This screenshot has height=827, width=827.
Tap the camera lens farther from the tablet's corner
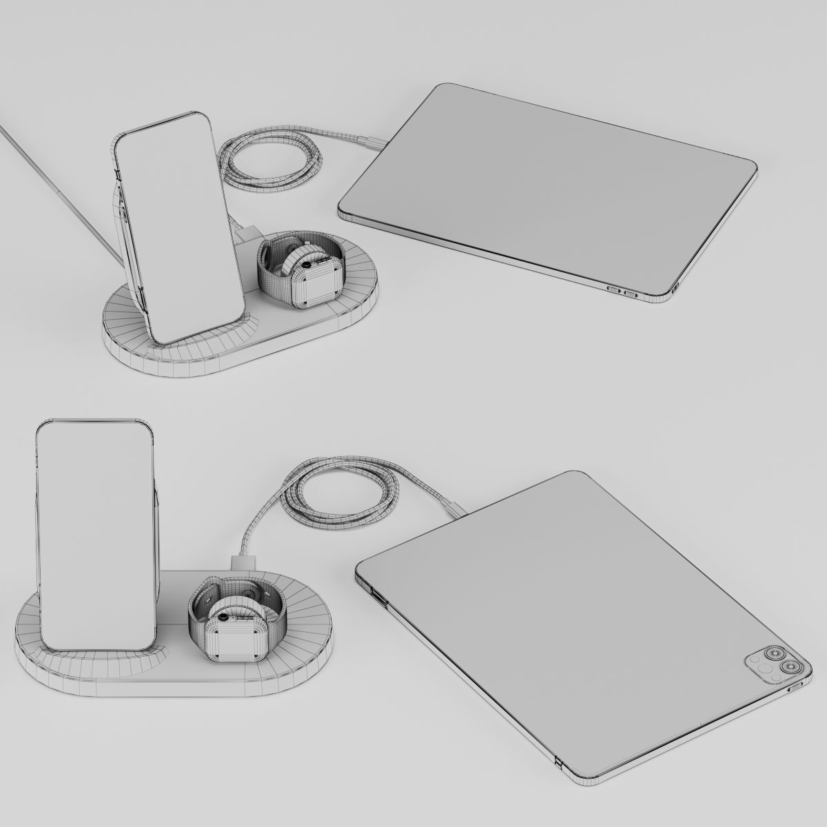[772, 653]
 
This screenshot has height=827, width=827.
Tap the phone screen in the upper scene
[181, 227]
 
